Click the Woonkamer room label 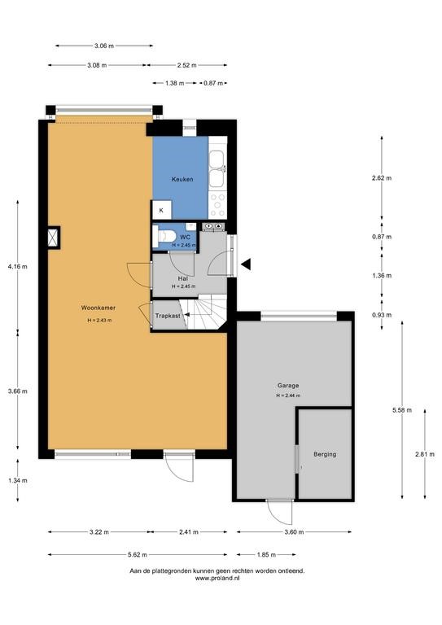(x=98, y=308)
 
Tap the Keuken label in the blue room (x=182, y=179)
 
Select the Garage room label (x=288, y=386)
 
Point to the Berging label (x=325, y=454)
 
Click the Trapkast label (x=168, y=316)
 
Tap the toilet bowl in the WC (x=164, y=236)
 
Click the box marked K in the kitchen (x=161, y=210)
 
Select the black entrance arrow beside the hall (x=246, y=264)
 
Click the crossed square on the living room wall (x=53, y=238)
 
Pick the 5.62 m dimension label (x=137, y=554)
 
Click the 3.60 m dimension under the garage (x=294, y=531)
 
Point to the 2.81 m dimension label (x=425, y=454)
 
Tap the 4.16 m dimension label (x=18, y=267)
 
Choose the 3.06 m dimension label (x=104, y=46)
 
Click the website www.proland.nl (x=217, y=578)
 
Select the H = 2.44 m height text (x=288, y=396)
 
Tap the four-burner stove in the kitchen (x=218, y=205)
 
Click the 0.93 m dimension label (x=382, y=315)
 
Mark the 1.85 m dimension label (x=266, y=554)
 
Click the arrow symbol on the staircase (x=186, y=315)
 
